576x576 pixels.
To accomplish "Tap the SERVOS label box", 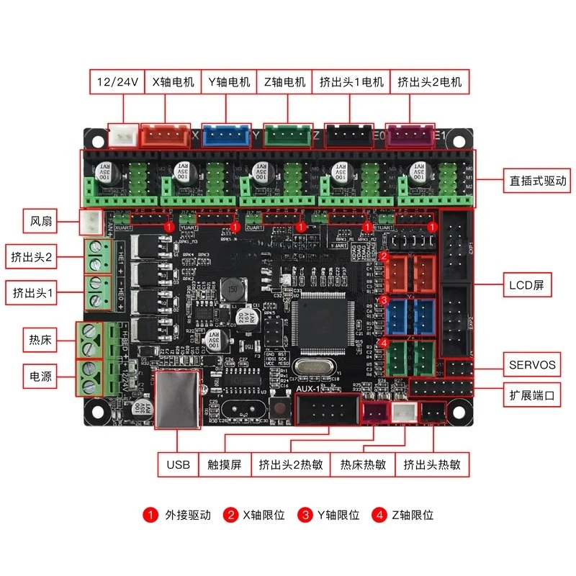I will point(532,365).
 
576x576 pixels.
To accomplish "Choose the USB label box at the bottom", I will point(178,464).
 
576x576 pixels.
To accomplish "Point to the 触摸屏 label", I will point(225,464).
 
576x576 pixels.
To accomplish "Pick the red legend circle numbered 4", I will point(379,515).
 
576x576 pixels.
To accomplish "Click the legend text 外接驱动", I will point(188,515).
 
